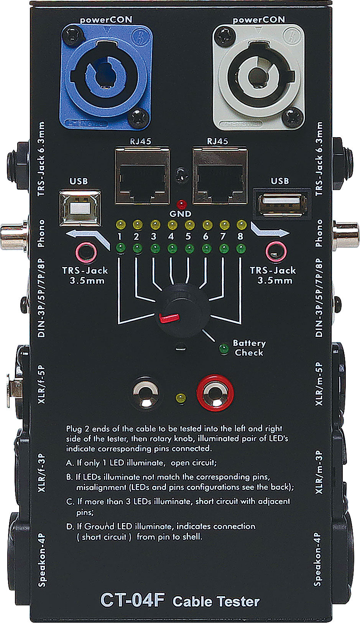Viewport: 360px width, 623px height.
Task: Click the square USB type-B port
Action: [80, 207]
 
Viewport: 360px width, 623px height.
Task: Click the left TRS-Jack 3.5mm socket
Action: [85, 252]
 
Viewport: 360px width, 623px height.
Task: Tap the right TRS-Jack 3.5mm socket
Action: [275, 252]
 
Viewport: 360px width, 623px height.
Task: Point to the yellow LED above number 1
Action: [120, 224]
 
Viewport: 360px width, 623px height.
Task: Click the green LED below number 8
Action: [240, 248]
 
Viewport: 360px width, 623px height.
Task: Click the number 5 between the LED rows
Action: [188, 236]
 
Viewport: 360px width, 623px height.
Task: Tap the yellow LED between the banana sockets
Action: [180, 398]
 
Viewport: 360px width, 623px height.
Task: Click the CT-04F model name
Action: [132, 600]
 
